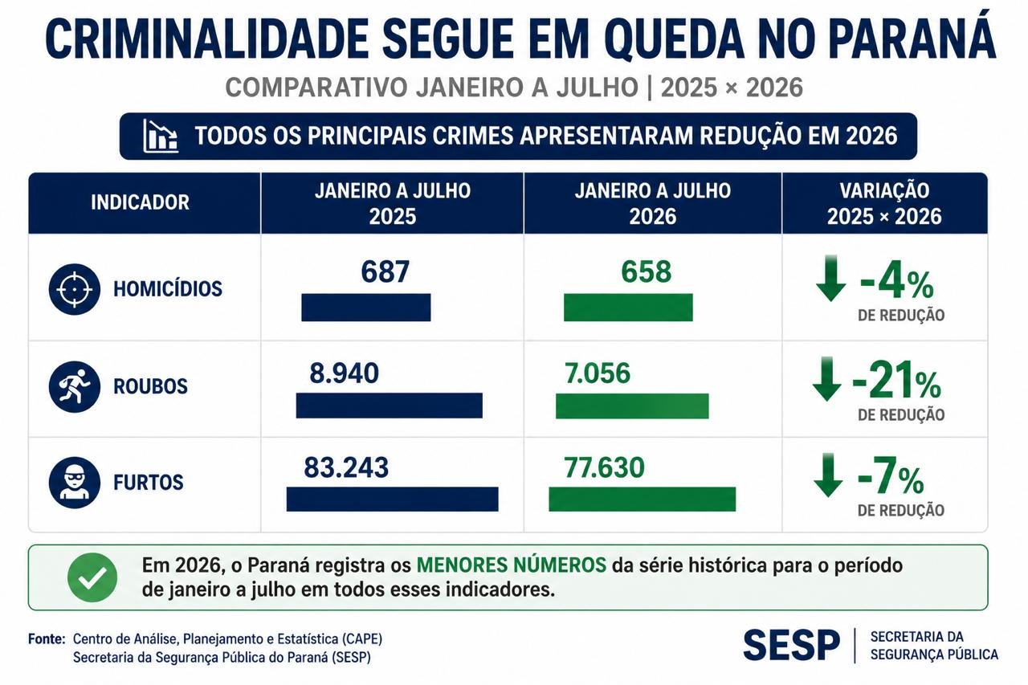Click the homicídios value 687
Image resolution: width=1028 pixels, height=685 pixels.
tap(385, 271)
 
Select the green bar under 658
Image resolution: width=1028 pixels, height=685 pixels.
tap(628, 308)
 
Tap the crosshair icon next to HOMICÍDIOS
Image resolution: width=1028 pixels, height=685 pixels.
tap(75, 289)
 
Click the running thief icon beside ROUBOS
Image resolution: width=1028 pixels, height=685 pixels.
tap(75, 386)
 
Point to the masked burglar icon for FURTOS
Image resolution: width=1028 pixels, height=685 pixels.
tap(75, 482)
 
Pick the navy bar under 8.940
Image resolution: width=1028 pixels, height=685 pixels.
tap(390, 406)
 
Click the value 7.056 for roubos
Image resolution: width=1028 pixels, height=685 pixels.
tap(598, 373)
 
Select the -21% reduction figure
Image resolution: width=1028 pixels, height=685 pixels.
tap(897, 381)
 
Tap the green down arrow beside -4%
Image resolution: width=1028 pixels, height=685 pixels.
tap(830, 279)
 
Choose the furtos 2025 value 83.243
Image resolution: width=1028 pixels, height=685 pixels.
tap(346, 467)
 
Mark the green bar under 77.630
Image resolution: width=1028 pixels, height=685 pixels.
tap(642, 499)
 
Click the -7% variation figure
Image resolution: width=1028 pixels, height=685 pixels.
tap(891, 476)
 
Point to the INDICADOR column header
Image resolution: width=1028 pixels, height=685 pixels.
tap(140, 202)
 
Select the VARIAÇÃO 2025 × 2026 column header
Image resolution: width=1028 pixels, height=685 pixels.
tap(884, 203)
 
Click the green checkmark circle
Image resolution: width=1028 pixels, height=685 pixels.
tap(92, 577)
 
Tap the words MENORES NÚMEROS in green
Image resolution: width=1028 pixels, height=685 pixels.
tap(512, 565)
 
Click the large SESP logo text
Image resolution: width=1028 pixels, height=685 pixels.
tap(792, 645)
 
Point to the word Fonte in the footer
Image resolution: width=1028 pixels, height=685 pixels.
tap(47, 639)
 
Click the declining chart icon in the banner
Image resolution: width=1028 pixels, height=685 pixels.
tap(160, 136)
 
